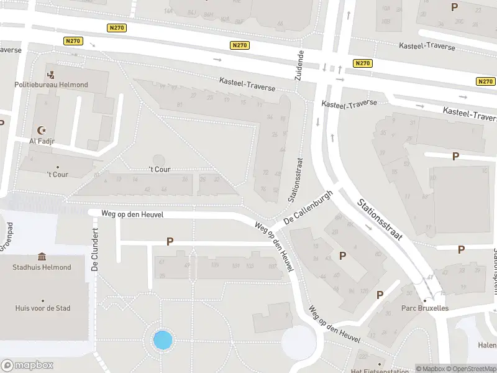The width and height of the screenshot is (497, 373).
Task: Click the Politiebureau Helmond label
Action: pos(52,85)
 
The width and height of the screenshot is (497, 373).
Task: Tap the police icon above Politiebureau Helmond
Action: pos(51,75)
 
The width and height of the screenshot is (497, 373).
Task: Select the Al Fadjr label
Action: pos(42,140)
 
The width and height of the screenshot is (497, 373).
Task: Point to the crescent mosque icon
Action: pos(42,131)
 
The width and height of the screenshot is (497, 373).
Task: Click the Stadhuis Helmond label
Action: pos(42,267)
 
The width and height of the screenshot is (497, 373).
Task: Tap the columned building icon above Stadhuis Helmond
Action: pos(42,257)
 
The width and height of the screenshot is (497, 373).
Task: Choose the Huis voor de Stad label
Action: pos(43,308)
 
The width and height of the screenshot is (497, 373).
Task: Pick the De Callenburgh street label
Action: pos(308,208)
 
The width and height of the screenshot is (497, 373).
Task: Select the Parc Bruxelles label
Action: pos(425,308)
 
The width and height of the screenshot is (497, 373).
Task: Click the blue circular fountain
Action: pos(163,340)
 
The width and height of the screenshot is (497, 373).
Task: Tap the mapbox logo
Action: pos(27,366)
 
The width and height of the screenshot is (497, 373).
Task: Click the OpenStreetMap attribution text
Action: pos(471,369)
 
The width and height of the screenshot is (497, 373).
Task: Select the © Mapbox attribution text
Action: pos(431,369)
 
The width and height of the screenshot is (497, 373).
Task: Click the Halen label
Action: pos(488,346)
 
